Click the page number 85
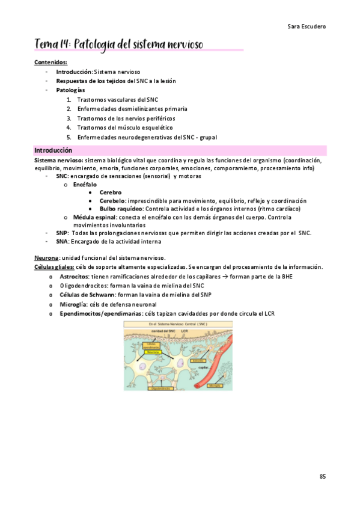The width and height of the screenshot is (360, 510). (x=323, y=476)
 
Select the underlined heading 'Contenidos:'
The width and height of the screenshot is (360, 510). (x=50, y=62)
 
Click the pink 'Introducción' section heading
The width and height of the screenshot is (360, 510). (x=53, y=150)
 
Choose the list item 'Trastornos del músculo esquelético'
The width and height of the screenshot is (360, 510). (x=125, y=127)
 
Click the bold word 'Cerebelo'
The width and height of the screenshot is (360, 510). (x=112, y=200)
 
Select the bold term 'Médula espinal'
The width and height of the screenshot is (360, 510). (x=94, y=217)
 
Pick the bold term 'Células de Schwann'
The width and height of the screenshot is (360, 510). (x=87, y=295)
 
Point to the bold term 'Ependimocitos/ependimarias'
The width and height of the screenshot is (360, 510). (x=101, y=313)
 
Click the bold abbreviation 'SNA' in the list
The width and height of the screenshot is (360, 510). (x=61, y=241)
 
